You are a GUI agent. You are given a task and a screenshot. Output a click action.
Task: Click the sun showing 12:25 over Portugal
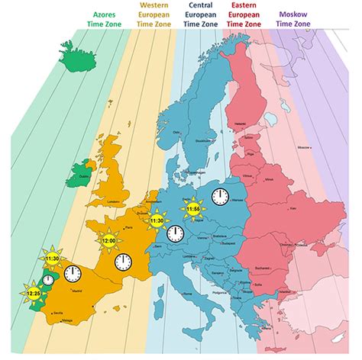coord(34,292)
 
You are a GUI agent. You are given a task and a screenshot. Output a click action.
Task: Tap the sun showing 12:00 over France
coord(108,241)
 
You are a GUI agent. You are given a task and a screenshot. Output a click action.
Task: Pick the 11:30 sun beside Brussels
coord(157,220)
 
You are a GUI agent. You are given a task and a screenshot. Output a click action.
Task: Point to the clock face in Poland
coord(221,198)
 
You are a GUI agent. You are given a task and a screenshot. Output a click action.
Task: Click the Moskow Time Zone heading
coord(295,20)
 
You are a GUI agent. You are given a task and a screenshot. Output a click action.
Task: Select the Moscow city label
coord(303,146)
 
